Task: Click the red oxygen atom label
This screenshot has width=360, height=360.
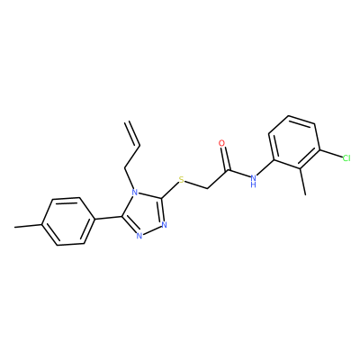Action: [221, 143]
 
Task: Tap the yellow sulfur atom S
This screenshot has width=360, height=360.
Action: [181, 180]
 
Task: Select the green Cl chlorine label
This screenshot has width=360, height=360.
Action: [346, 158]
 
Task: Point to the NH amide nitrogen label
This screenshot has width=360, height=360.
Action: [254, 180]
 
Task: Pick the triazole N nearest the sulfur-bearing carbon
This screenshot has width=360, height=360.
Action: [164, 225]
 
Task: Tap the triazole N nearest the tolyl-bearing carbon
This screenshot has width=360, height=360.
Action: [139, 236]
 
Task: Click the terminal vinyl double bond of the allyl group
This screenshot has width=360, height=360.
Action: [132, 134]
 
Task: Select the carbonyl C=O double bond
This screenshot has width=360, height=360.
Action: [225, 159]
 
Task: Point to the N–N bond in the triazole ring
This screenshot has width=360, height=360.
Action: [151, 230]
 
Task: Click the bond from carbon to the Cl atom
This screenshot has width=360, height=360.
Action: [331, 154]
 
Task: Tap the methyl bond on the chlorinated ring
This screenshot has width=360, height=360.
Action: [302, 180]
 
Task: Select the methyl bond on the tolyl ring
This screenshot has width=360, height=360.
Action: [29, 226]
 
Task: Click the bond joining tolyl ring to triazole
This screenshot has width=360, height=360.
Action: [108, 218]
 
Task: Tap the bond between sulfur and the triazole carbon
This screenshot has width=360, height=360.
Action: [170, 191]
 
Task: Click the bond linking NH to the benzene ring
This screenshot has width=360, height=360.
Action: [266, 167]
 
